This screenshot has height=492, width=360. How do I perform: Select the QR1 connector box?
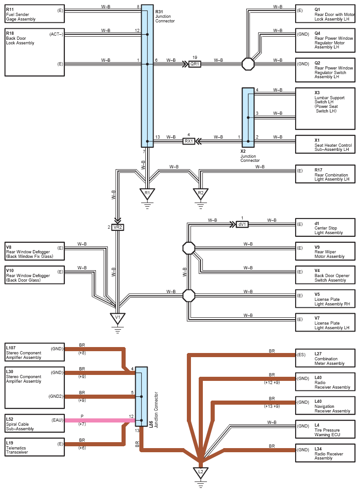tap(195, 64)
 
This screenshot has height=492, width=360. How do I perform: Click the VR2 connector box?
tap(118, 227)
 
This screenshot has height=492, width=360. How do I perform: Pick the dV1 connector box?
tap(242, 225)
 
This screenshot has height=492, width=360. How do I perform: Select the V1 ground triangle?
tap(118, 317)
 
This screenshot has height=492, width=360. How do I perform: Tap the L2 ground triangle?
tap(200, 472)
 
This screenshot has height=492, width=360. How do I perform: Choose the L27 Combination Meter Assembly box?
tap(325, 358)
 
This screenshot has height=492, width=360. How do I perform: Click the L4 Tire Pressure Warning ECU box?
tap(325, 429)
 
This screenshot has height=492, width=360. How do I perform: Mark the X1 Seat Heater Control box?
tap(325, 144)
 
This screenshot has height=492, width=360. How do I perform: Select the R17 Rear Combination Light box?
tap(325, 174)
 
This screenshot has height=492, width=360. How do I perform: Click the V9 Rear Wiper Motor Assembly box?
tap(325, 251)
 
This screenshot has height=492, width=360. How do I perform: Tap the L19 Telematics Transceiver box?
tap(35, 447)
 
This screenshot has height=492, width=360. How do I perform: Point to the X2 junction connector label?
tap(249, 155)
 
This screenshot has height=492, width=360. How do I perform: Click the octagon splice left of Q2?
tap(248, 64)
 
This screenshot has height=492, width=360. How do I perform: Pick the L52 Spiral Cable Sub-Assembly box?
tap(35, 423)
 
